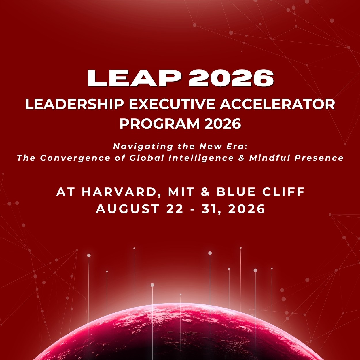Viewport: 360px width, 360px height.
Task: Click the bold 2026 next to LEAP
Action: pos(231,78)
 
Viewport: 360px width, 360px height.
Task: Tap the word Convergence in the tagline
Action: pos(75,158)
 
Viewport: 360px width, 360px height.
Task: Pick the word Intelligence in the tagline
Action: pos(201,158)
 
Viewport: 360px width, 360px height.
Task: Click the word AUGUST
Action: pos(127,209)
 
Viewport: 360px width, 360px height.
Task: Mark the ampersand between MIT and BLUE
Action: pos(205,192)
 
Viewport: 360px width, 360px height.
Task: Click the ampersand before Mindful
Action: pos(241,158)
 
